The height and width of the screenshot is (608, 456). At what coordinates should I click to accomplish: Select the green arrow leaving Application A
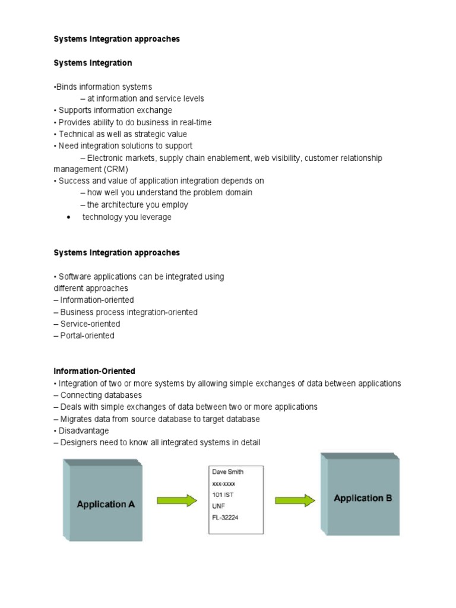coord(176,501)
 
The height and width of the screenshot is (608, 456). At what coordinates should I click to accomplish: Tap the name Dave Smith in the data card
coord(228,471)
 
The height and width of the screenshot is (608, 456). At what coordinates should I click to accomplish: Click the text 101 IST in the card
coord(223,494)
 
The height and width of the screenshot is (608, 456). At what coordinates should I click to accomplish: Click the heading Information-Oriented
coord(94,371)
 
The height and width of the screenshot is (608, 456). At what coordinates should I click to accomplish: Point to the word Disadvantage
coord(84,430)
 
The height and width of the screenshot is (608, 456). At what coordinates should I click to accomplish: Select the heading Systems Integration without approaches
coord(93,62)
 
